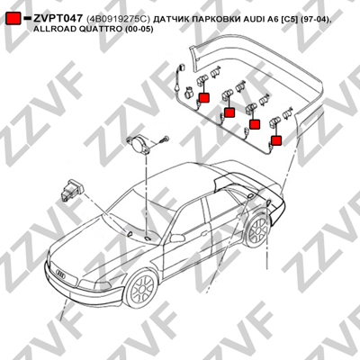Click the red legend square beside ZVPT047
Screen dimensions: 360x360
pyautogui.click(x=13, y=19)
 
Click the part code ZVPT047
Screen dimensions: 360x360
pyautogui.click(x=58, y=19)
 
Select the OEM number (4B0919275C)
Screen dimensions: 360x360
pyautogui.click(x=118, y=19)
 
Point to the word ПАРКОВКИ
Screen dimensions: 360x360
pyautogui.click(x=212, y=20)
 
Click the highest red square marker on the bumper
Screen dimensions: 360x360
pyautogui.click(x=204, y=98)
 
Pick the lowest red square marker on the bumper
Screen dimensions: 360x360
pyautogui.click(x=276, y=140)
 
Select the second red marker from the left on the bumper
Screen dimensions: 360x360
pyautogui.click(x=229, y=112)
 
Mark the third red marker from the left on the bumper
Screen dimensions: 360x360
pyautogui.click(x=255, y=124)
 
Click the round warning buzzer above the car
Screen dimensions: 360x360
pyautogui.click(x=139, y=144)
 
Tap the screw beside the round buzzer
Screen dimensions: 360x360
pyautogui.click(x=165, y=139)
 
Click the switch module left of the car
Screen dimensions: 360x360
pyautogui.click(x=71, y=191)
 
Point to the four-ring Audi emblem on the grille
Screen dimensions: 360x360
pyautogui.click(x=61, y=274)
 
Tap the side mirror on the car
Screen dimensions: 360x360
pyautogui.click(x=176, y=238)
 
